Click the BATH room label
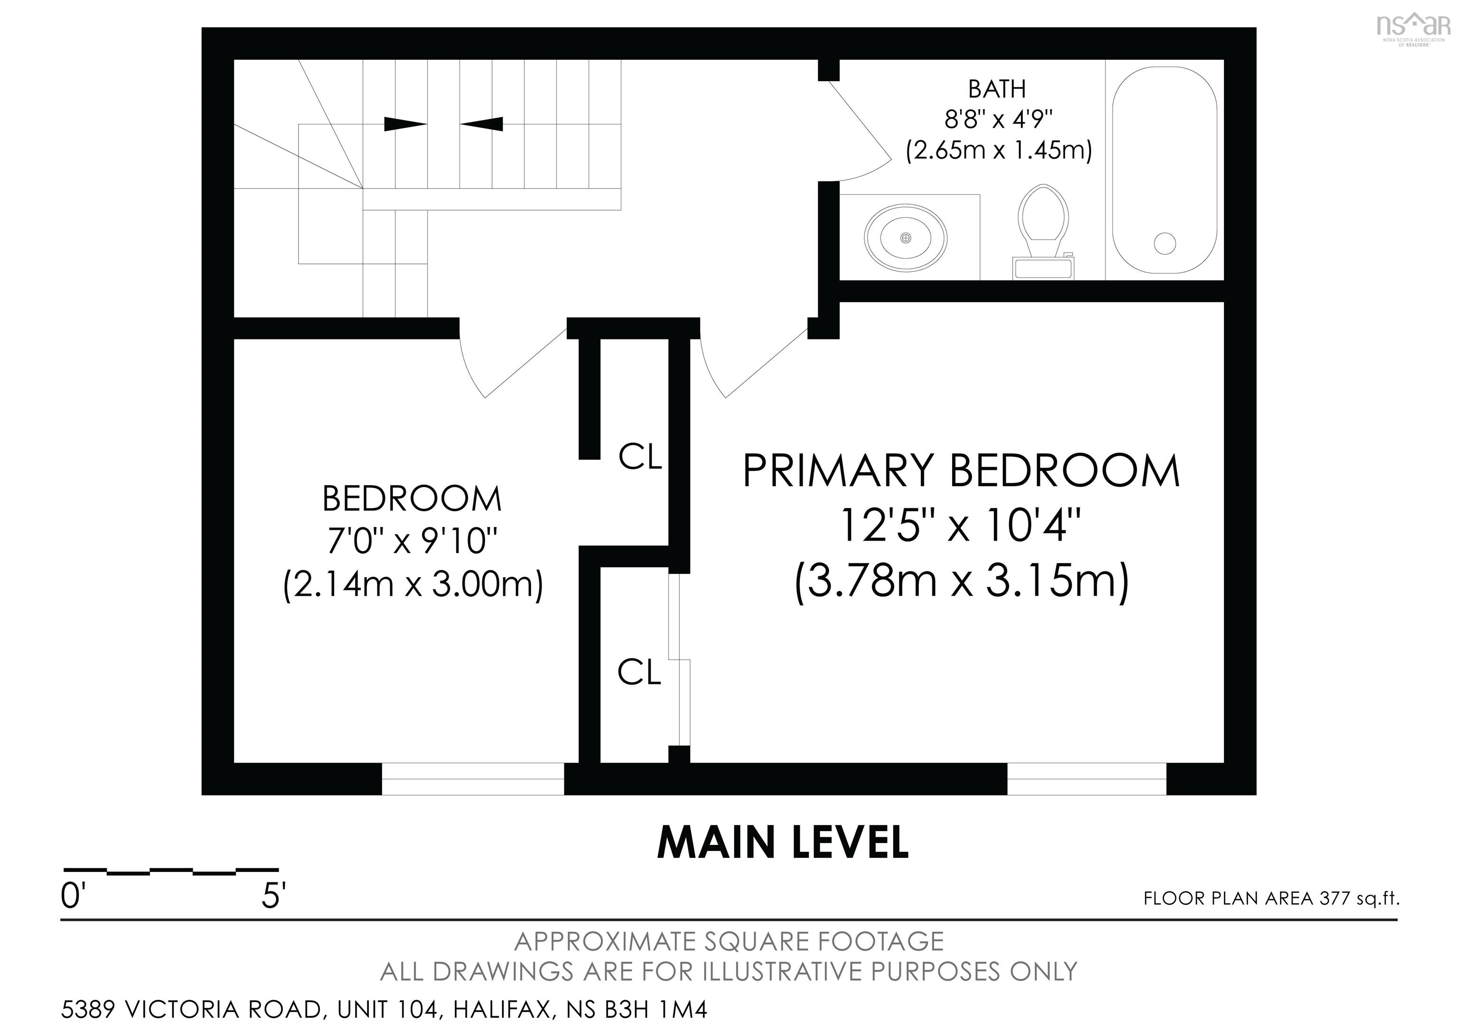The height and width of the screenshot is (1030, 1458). coord(997,89)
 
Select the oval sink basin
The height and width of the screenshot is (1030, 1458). coord(906,237)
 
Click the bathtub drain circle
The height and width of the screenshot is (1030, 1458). coord(1165,243)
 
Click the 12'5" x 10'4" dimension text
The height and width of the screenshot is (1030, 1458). coord(960,525)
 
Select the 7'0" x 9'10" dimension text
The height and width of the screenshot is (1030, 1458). coord(411,542)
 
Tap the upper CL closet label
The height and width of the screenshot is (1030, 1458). coord(640,457)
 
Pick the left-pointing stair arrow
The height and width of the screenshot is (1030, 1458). coord(481,124)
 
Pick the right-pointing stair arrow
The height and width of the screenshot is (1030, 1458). coord(405,124)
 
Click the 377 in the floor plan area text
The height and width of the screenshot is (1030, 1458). coord(1334,899)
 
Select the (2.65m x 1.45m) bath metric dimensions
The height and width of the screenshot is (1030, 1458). coord(998,150)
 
